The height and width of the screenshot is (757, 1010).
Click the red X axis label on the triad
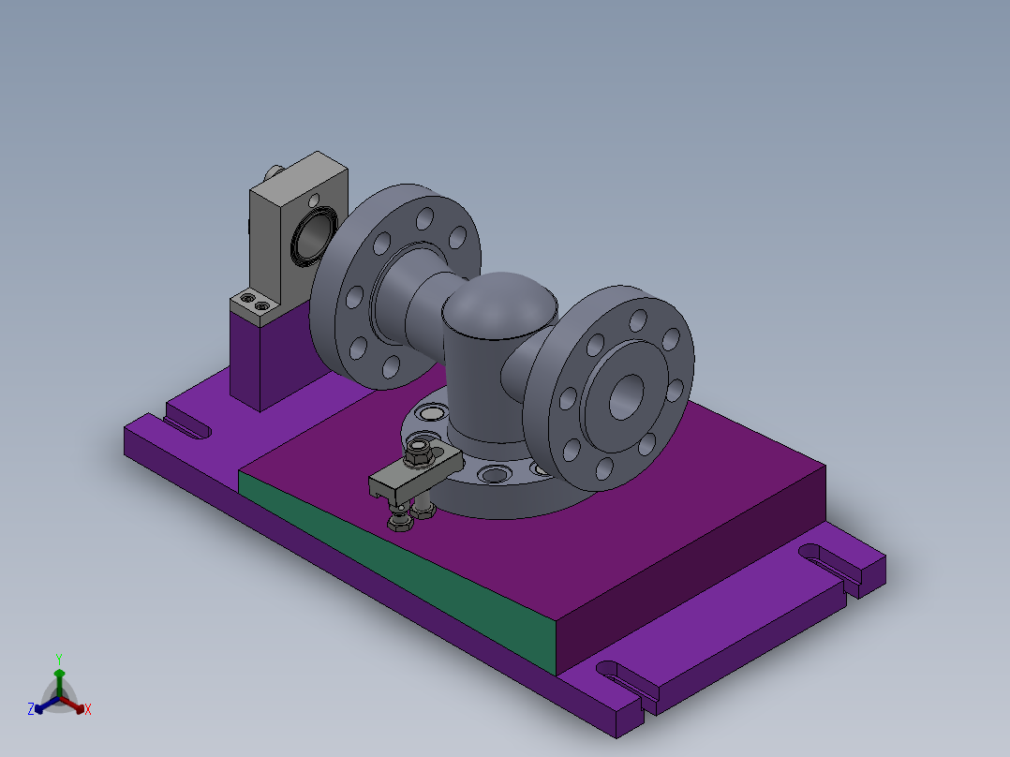pyautogui.click(x=88, y=710)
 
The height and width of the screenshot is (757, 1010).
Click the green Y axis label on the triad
pyautogui.click(x=58, y=659)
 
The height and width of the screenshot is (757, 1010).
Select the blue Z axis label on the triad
pyautogui.click(x=31, y=710)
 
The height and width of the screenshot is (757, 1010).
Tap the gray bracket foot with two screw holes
pyautogui.click(x=254, y=304)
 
